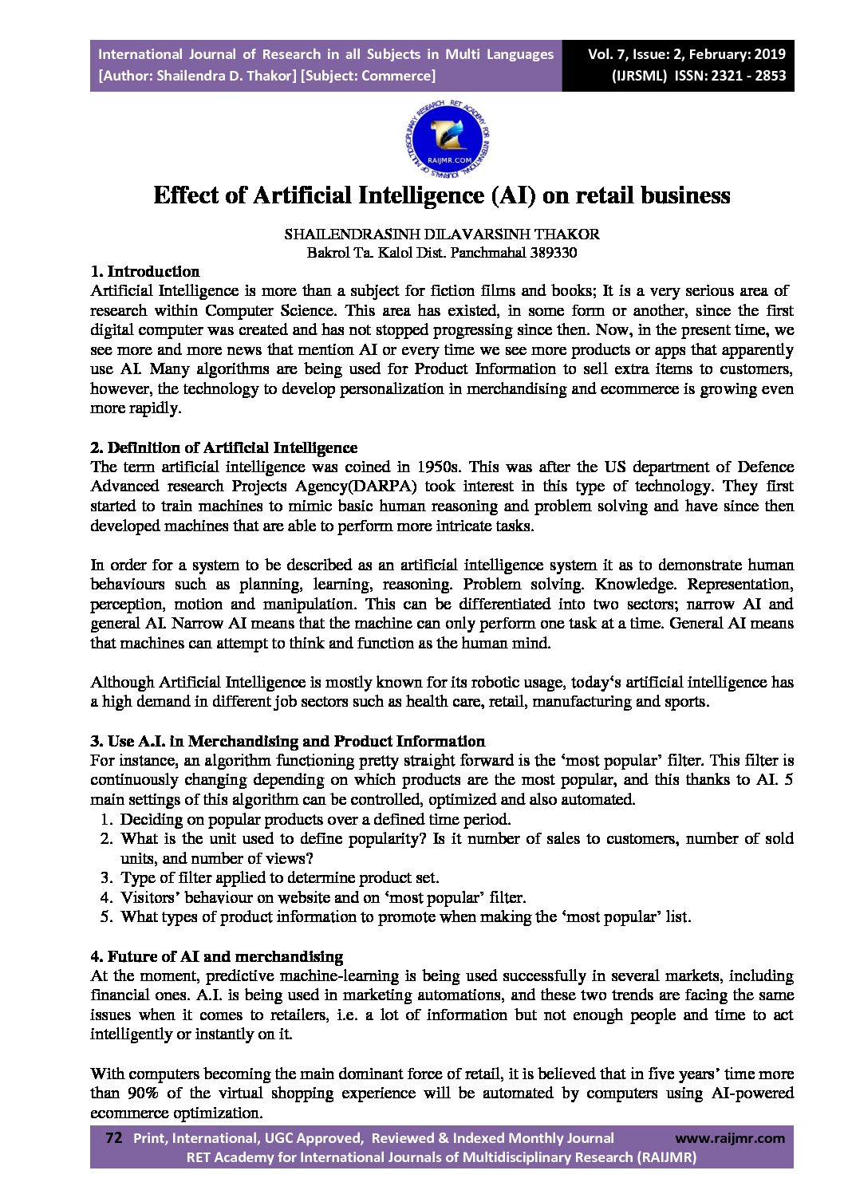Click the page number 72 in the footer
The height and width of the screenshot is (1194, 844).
[x=113, y=1138]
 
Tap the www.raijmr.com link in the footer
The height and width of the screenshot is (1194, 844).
[x=729, y=1138]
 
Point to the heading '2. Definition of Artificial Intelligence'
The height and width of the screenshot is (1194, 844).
[x=223, y=447]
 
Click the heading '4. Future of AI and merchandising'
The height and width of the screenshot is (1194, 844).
[x=216, y=956]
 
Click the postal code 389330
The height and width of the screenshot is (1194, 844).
[x=550, y=254]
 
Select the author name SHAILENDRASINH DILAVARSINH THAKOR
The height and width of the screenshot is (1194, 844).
[x=441, y=234]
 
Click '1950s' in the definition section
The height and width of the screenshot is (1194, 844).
[x=438, y=467]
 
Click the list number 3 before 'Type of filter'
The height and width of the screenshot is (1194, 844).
[x=105, y=878]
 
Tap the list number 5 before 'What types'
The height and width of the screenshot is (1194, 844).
[x=105, y=917]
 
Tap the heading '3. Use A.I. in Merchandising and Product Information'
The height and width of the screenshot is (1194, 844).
[x=287, y=741]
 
